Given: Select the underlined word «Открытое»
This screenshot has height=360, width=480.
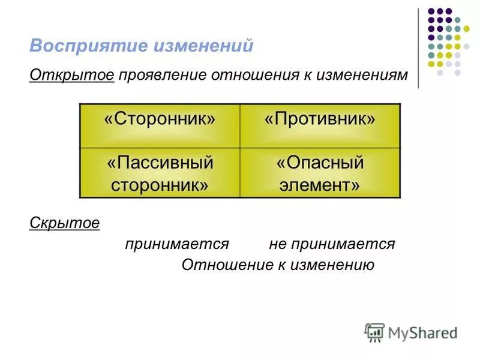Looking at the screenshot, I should click(x=71, y=76).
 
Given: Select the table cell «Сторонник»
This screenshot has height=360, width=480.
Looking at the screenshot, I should click(x=160, y=125).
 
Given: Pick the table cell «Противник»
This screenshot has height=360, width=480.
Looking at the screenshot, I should click(x=320, y=125).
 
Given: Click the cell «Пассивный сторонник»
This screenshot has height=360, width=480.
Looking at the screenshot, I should click(x=160, y=173).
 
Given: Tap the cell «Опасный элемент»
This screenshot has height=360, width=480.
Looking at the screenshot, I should click(x=320, y=173).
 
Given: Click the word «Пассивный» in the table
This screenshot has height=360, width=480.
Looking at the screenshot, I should click(x=160, y=162).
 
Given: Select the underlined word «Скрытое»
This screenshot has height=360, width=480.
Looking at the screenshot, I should click(x=64, y=223).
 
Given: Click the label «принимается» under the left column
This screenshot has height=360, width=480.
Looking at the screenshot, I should click(x=178, y=244).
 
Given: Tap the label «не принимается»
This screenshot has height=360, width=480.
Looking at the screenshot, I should click(x=332, y=244).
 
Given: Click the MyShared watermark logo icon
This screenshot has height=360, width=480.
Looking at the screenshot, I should click(x=374, y=332).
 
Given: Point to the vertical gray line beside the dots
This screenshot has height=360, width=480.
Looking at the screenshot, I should click(x=418, y=48).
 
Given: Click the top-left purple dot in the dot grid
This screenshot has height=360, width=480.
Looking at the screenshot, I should click(x=431, y=11).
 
